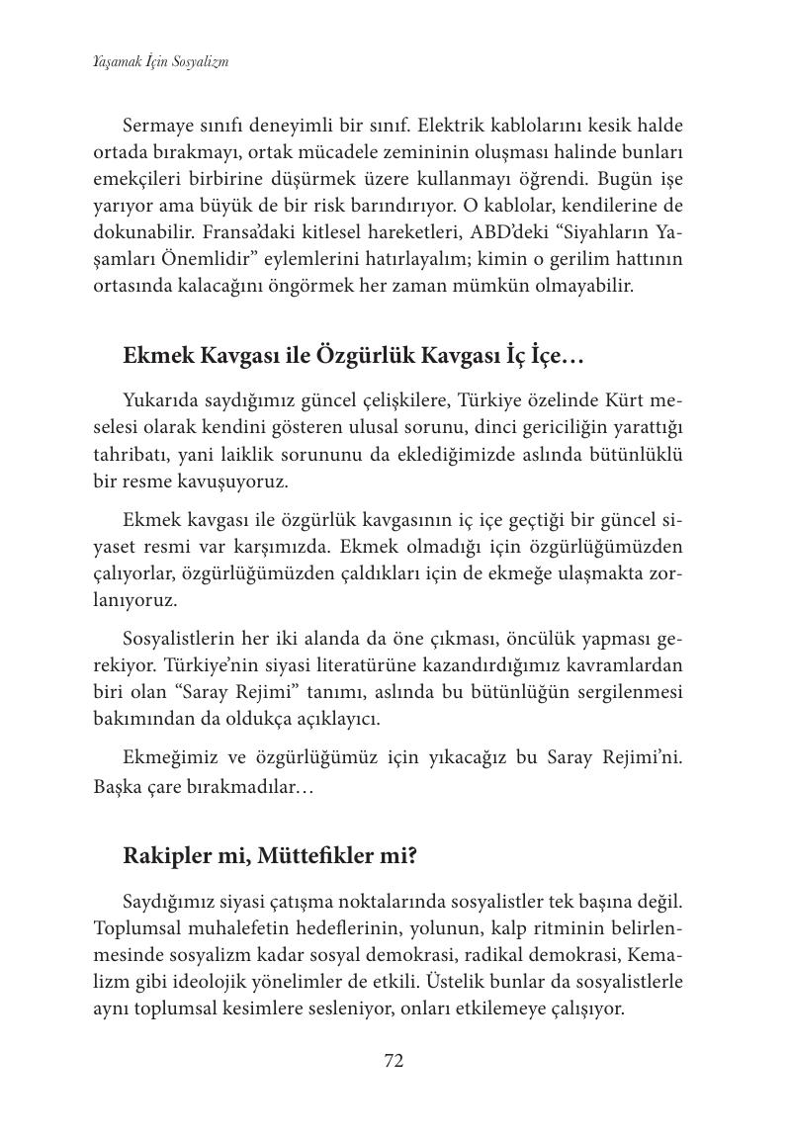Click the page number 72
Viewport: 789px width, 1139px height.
pyautogui.click(x=394, y=1061)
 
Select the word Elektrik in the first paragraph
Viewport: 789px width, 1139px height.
pyautogui.click(x=451, y=127)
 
